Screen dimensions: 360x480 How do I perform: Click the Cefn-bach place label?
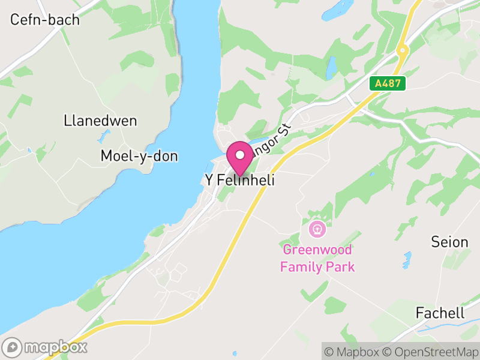click(45, 20)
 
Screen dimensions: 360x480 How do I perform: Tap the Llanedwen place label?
click(100, 121)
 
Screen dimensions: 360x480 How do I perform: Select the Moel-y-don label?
click(139, 157)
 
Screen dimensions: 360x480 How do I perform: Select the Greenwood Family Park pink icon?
click(317, 229)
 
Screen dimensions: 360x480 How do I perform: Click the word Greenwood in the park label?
click(317, 250)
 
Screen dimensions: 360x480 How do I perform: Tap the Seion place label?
click(449, 242)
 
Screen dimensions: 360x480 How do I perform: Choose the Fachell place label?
click(440, 313)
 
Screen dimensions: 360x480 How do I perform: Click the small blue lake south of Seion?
click(407, 260)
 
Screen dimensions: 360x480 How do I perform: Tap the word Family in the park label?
click(304, 267)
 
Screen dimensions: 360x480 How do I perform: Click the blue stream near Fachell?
click(456, 328)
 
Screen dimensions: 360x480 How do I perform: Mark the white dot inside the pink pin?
click(240, 155)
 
